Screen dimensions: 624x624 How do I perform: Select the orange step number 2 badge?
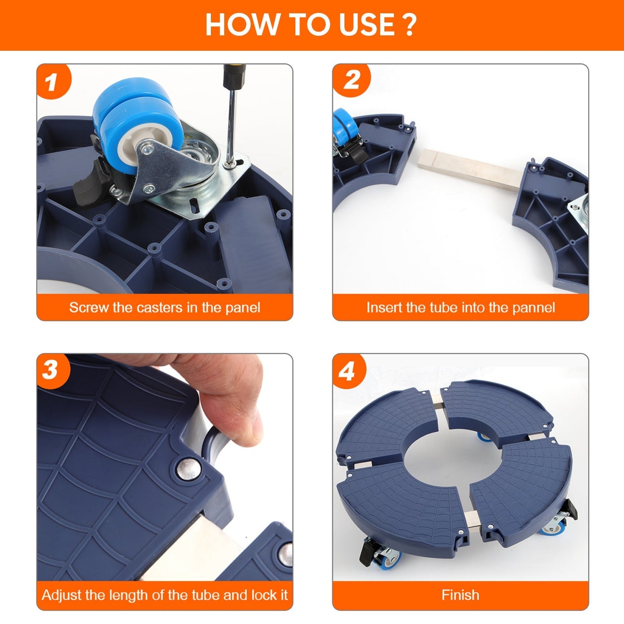(x=351, y=79)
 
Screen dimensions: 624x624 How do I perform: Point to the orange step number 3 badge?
(x=52, y=371)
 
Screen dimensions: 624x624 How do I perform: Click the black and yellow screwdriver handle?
(x=234, y=76)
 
